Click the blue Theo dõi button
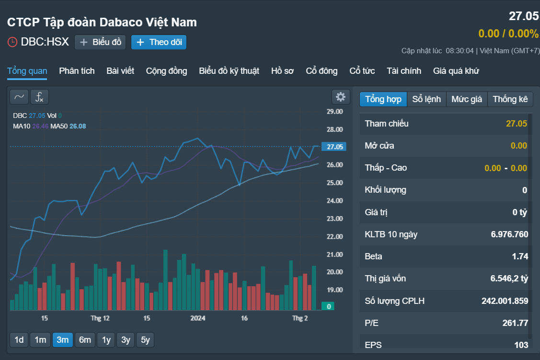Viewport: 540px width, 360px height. (x=159, y=42)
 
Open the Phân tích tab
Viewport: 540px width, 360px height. (x=77, y=71)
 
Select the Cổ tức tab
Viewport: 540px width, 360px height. (x=362, y=71)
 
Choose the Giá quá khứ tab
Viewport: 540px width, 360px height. (x=456, y=71)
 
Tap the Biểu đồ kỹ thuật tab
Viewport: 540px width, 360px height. (x=229, y=71)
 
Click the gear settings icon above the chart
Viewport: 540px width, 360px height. (x=341, y=97)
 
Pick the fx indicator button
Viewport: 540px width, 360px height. (x=40, y=97)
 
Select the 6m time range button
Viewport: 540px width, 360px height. (x=85, y=340)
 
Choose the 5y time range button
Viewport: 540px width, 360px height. (x=145, y=340)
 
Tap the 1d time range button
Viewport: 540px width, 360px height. (x=19, y=340)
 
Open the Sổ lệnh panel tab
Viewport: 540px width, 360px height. (x=426, y=99)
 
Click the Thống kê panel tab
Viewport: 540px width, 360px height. (x=510, y=99)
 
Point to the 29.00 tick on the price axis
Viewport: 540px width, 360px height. (x=335, y=112)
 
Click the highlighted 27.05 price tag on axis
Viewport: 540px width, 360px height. (x=334, y=147)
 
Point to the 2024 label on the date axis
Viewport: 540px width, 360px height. (x=198, y=318)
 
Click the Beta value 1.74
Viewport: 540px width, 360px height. (x=520, y=256)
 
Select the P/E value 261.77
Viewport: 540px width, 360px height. (x=515, y=323)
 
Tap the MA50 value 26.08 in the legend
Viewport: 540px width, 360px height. (x=78, y=126)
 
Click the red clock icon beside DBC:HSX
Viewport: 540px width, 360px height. (x=12, y=42)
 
